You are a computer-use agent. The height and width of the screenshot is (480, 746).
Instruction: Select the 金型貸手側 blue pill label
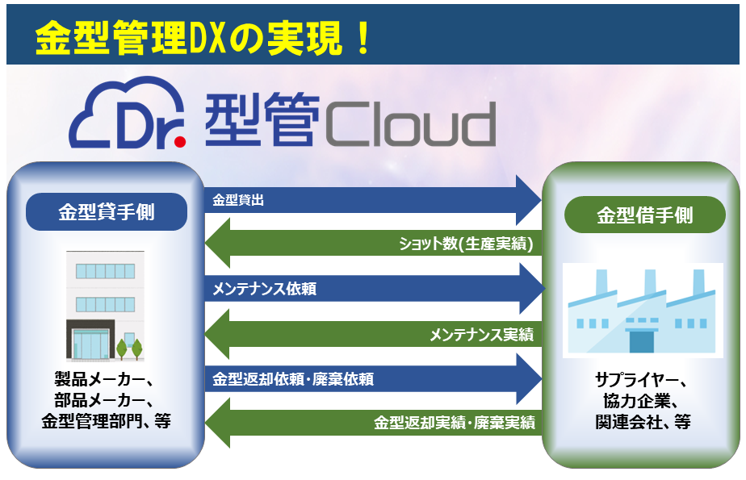(107, 212)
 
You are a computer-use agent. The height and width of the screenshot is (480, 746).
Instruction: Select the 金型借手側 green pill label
(644, 215)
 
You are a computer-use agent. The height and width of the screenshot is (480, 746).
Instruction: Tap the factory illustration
(643, 311)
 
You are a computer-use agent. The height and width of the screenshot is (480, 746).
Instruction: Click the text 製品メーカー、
(106, 380)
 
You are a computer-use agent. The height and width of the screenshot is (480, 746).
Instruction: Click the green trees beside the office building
(129, 349)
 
